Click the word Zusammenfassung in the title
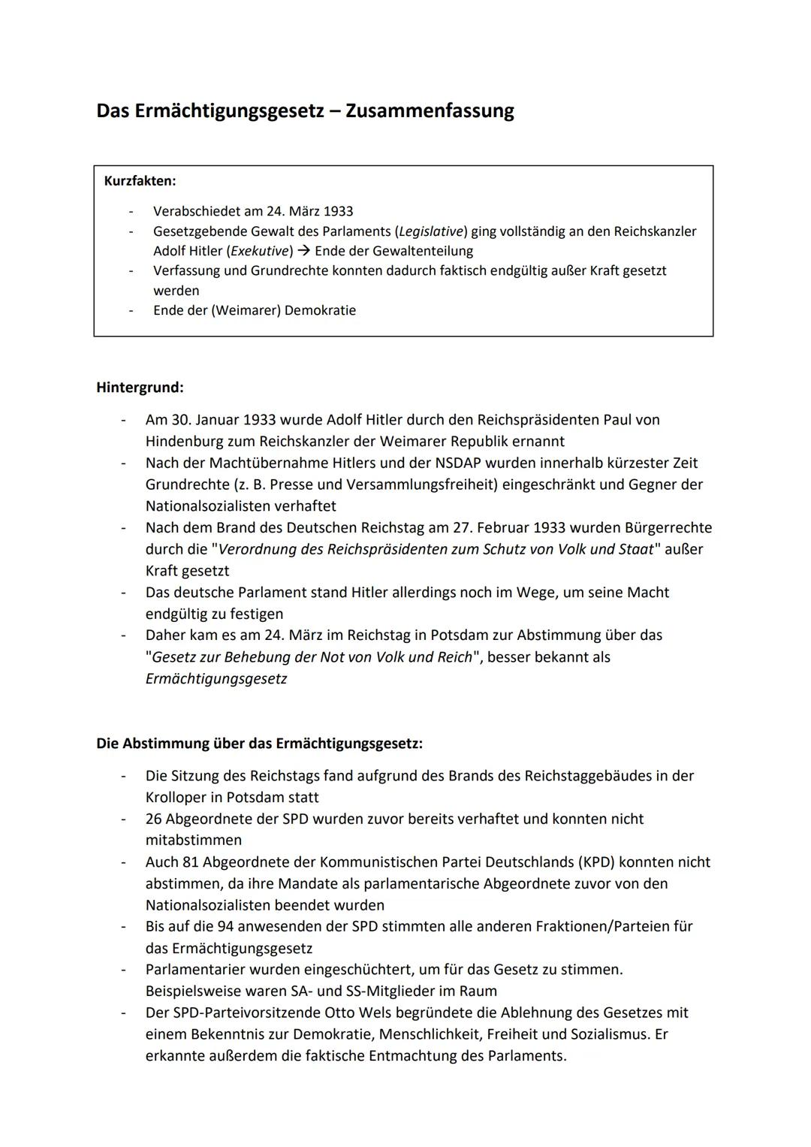point(430,111)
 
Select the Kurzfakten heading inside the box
point(140,181)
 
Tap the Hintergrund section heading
point(140,388)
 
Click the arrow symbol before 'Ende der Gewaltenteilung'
point(303,251)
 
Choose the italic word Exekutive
point(260,251)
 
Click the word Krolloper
point(179,798)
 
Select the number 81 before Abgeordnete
point(190,862)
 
